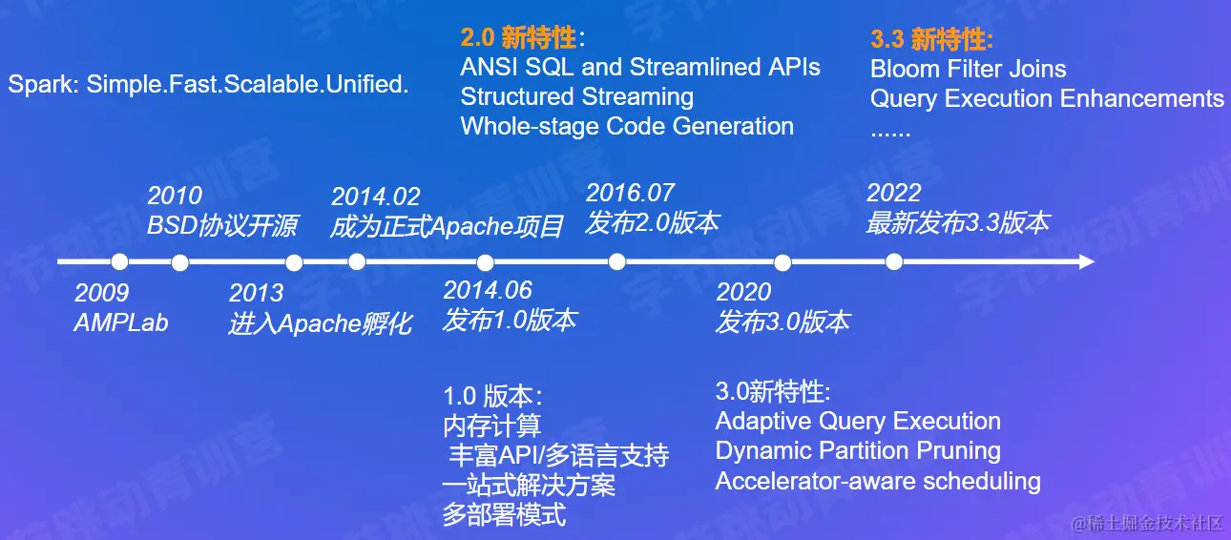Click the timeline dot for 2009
(119, 262)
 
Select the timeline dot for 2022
(893, 262)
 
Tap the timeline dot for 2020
(782, 262)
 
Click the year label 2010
(175, 196)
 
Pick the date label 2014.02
(375, 197)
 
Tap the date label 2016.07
(630, 193)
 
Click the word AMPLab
(121, 322)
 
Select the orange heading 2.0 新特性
(522, 37)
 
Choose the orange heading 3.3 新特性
(931, 39)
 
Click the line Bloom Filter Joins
(969, 70)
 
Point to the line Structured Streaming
(577, 96)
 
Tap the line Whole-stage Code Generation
(627, 126)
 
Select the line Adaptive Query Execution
(858, 422)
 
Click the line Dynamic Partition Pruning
(858, 451)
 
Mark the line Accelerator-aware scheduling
(878, 481)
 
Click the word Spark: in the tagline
(43, 85)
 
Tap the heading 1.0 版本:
(493, 396)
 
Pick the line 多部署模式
(505, 515)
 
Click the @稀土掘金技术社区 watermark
(1147, 523)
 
